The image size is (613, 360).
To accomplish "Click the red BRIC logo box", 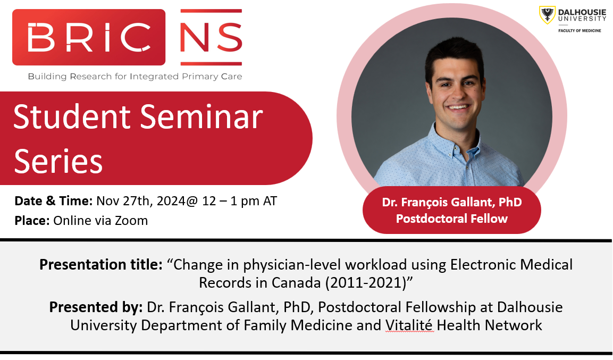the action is click(89, 37).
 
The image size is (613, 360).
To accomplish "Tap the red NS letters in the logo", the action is click(211, 37).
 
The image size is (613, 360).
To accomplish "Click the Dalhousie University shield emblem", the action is click(547, 15).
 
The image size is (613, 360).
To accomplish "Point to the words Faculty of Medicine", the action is click(580, 30).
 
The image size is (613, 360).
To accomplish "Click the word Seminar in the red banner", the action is click(201, 117).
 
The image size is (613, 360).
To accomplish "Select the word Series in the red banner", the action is click(58, 161).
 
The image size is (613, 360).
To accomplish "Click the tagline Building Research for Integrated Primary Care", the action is click(135, 76).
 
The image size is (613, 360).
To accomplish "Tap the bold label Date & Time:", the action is click(54, 201).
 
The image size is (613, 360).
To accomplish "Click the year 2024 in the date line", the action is click(171, 201).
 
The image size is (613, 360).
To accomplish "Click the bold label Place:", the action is click(32, 221).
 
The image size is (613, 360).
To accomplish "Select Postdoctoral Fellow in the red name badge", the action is click(451, 219).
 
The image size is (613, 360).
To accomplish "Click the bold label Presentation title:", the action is click(101, 265).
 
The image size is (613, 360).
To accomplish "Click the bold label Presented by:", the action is click(96, 307).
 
